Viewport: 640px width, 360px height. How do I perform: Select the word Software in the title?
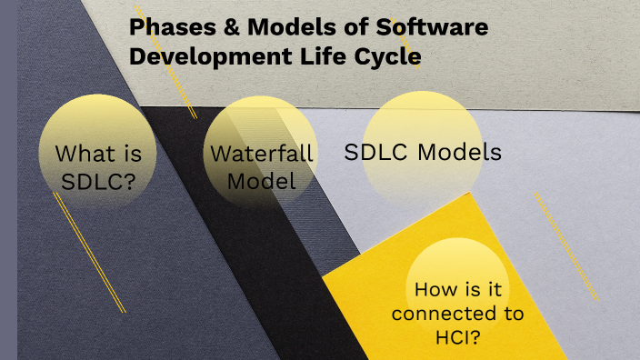(440, 27)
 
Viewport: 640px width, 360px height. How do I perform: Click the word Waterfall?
(262, 153)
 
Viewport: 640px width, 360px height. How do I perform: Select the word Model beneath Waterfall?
(262, 181)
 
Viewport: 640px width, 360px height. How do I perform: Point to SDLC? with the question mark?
(98, 181)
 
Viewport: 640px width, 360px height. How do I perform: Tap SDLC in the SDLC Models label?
(375, 152)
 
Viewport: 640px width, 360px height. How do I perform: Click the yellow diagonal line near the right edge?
(566, 246)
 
